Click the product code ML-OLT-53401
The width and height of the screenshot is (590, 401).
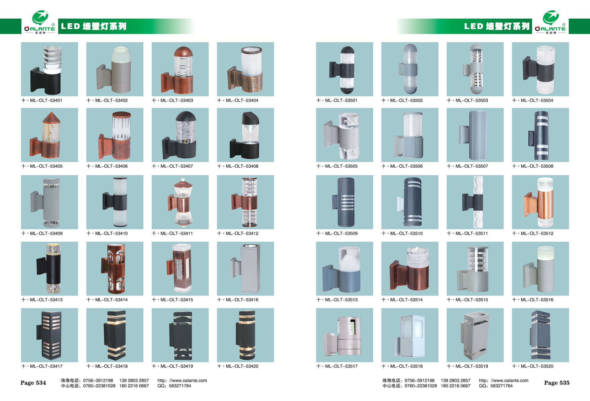[x=46, y=100]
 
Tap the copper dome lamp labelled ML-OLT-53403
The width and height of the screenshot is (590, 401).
[x=178, y=70]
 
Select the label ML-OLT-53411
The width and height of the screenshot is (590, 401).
[x=176, y=233]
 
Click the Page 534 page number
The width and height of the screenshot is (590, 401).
[x=33, y=383]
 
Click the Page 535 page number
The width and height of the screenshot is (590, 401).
[x=557, y=383]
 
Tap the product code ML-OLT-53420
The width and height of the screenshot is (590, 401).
[x=242, y=366]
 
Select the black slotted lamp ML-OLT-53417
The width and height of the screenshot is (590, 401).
[x=49, y=335]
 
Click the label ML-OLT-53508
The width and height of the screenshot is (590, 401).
[x=537, y=166]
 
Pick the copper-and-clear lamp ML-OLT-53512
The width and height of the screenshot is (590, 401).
[x=540, y=202]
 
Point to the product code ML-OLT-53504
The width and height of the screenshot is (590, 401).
[x=537, y=100]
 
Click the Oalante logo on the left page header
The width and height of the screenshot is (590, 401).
[x=40, y=22]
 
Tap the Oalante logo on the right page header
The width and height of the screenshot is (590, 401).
[x=550, y=22]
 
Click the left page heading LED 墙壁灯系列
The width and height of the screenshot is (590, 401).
[x=94, y=26]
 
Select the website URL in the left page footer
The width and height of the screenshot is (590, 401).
[x=182, y=381]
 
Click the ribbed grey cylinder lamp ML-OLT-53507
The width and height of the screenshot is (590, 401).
[x=474, y=135]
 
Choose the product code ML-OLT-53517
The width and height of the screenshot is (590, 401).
[x=341, y=366]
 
